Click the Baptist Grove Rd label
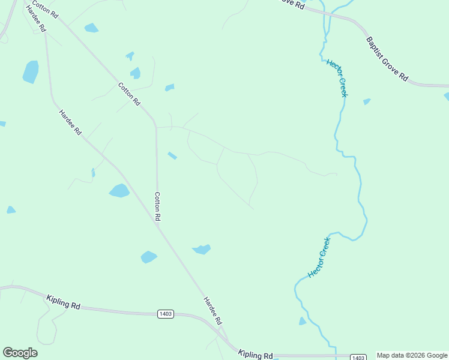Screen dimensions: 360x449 387,59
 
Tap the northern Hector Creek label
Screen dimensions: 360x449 337,78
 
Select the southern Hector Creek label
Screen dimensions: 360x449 319,257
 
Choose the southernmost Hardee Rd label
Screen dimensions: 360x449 212,310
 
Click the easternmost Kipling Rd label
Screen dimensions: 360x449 255,354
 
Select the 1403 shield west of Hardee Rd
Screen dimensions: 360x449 166,314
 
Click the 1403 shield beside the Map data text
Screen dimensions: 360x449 358,358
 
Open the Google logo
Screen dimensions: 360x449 20,353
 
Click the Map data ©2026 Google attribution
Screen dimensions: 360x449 412,355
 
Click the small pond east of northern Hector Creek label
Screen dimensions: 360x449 367,102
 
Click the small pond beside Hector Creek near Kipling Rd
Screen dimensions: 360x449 302,322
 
